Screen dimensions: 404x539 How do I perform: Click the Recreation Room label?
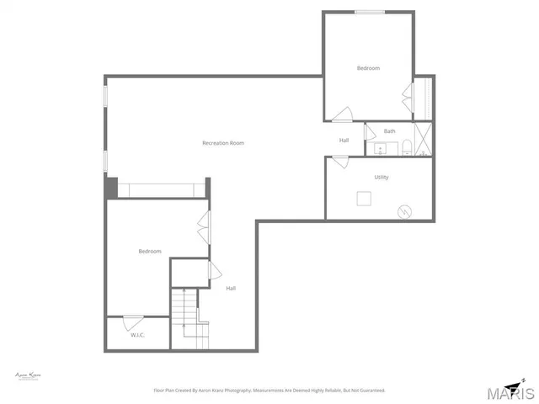[223, 143]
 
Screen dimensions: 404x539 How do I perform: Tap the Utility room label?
[382, 177]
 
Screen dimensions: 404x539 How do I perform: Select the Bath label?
[389, 131]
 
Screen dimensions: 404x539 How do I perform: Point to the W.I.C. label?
[138, 335]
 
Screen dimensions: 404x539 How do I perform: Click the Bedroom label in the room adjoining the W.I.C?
[150, 251]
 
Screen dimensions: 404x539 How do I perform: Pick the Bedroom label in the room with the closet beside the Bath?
[368, 67]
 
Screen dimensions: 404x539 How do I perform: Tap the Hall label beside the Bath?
[344, 140]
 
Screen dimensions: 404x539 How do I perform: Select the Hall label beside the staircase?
[231, 289]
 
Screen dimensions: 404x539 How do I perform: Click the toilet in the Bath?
[406, 149]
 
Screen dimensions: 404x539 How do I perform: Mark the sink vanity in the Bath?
[381, 149]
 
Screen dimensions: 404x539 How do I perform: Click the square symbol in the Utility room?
[364, 199]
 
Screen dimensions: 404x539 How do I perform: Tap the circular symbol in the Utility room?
[406, 211]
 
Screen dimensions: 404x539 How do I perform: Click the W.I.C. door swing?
[133, 321]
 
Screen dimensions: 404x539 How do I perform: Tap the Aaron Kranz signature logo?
[29, 375]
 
